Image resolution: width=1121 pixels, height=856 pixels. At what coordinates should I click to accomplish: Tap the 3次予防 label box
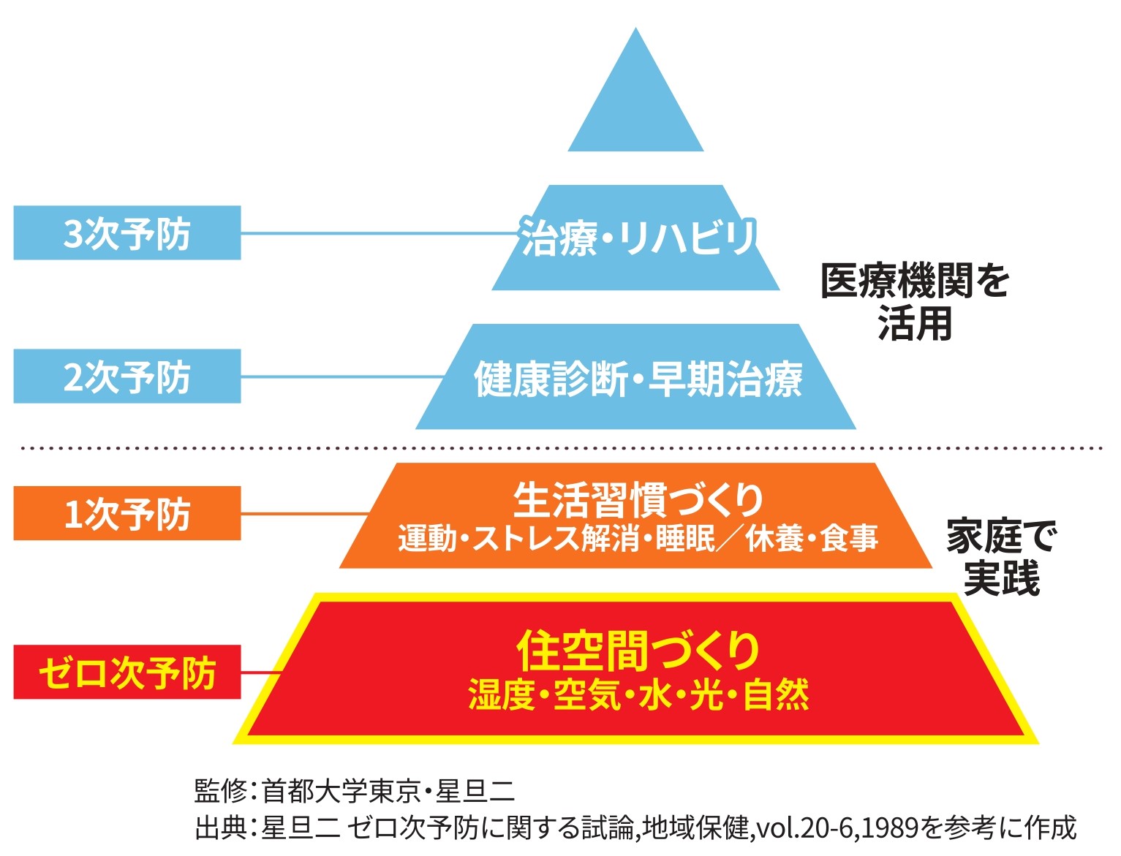[127, 233]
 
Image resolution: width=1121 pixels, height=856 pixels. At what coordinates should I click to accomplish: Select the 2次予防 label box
[127, 376]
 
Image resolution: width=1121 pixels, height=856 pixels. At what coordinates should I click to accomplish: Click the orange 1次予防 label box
[127, 513]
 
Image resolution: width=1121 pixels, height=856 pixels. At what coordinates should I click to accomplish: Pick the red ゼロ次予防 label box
[127, 673]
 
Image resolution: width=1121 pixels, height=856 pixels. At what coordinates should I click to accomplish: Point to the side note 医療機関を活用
[914, 301]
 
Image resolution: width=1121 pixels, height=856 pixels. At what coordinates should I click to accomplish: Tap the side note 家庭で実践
[1000, 557]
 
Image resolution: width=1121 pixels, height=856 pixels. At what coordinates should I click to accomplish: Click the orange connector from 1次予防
[303, 514]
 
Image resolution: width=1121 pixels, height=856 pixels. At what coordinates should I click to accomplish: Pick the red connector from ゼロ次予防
[260, 673]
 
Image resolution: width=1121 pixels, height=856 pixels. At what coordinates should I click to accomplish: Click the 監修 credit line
[355, 791]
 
